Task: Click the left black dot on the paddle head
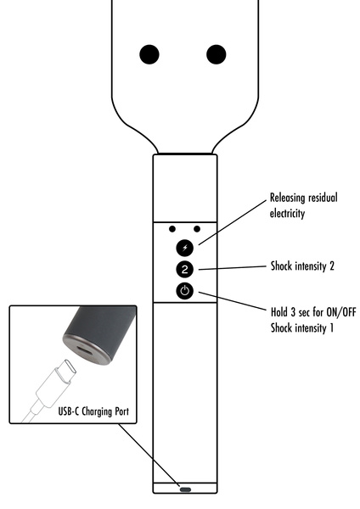(x=150, y=54)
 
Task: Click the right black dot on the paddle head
(x=218, y=54)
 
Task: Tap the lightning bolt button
(x=185, y=248)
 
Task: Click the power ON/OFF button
(x=185, y=292)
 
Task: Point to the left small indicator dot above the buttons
(x=172, y=228)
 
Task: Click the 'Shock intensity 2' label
(x=301, y=266)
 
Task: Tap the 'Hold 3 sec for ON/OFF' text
(x=312, y=312)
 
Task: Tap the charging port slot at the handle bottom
(x=185, y=489)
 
